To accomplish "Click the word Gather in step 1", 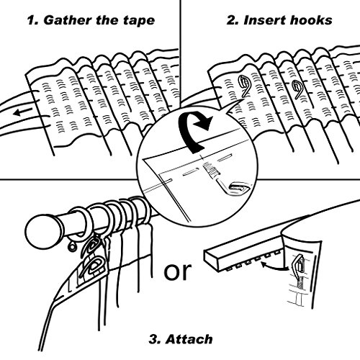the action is [x=68, y=20].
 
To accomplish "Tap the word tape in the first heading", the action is [x=139, y=20].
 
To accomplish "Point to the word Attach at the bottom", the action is [x=189, y=339].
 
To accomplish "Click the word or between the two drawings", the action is [x=178, y=271].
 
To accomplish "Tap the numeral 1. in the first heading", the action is [x=33, y=20].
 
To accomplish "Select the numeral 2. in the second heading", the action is [x=233, y=20].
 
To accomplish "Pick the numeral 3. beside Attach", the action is [x=155, y=339].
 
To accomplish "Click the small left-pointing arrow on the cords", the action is [x=22, y=112].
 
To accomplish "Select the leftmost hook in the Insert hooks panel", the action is [x=243, y=86].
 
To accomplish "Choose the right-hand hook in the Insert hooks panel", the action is [x=298, y=90].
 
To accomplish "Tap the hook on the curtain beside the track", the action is [x=298, y=264].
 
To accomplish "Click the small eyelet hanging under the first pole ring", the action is [x=71, y=247].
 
